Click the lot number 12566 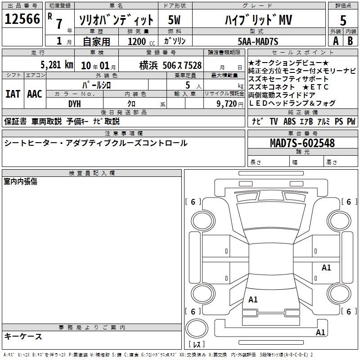22,19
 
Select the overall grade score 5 343,20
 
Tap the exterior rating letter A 336,41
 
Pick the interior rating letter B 350,41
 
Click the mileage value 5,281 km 57,65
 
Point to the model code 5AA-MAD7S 258,41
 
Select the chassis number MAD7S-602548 302,143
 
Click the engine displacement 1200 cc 141,42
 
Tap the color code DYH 75,104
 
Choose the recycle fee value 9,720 227,104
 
